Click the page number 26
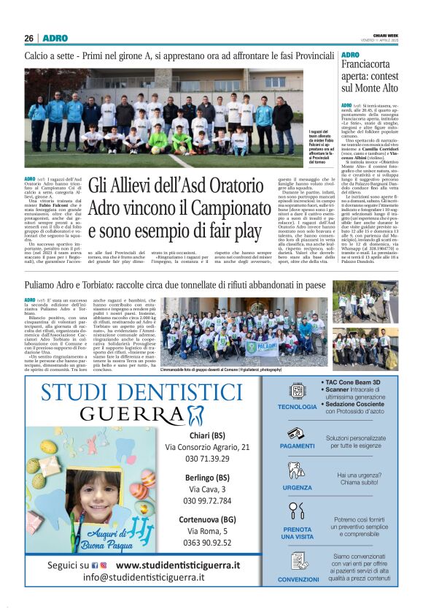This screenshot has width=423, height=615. coord(28,38)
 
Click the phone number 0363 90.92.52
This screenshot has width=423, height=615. coord(207,543)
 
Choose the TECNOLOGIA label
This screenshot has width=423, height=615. coord(298,406)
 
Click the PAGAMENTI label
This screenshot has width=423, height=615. coord(298,446)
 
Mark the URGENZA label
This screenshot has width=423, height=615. coord(298,487)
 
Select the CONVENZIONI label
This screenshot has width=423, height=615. coord(298,579)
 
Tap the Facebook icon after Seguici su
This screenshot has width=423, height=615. coord(95,565)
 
